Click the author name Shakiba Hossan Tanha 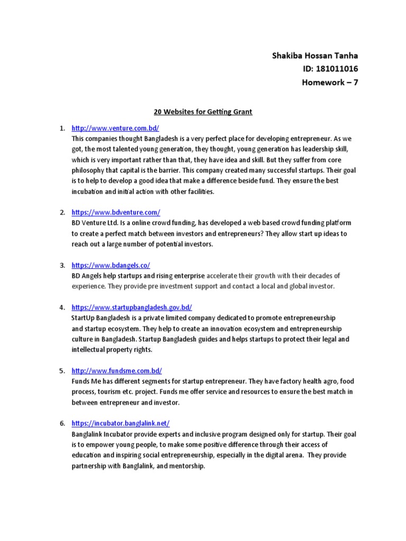[319, 55]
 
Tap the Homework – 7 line [330, 82]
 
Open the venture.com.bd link [115, 128]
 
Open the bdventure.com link [116, 212]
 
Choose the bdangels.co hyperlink [111, 265]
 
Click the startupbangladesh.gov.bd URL [132, 307]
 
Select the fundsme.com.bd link [117, 370]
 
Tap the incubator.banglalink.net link [121, 423]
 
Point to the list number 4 [62, 307]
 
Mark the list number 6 [62, 424]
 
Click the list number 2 [62, 212]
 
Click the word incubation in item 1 [88, 191]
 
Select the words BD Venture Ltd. [94, 223]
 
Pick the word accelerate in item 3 [223, 276]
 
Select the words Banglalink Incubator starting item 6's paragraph [101, 434]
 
